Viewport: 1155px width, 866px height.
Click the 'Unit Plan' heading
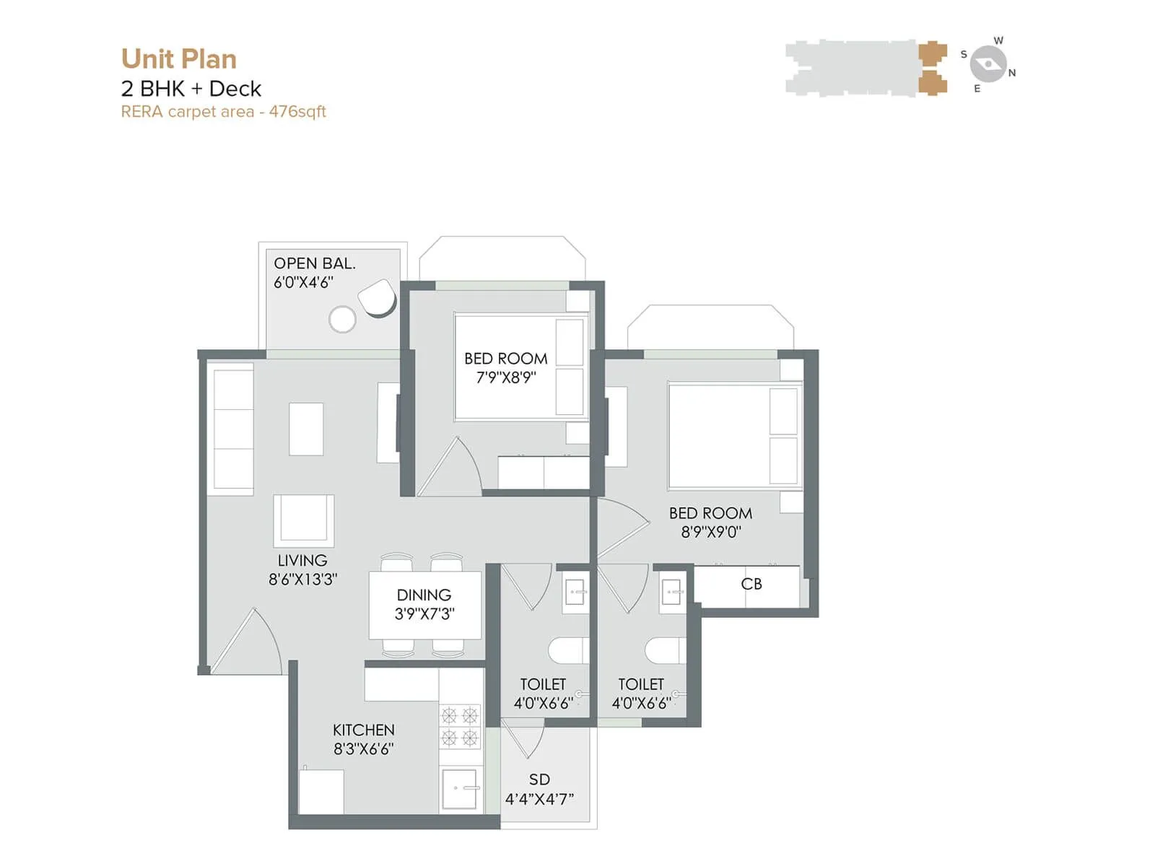tap(178, 59)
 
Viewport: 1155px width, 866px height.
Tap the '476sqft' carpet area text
tap(297, 112)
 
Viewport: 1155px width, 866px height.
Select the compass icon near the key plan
tap(988, 64)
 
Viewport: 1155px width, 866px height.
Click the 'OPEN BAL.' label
tap(314, 263)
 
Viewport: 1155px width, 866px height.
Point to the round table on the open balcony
tap(342, 319)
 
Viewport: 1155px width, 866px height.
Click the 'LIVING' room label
tap(302, 560)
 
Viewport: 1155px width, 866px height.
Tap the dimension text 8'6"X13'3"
tap(302, 579)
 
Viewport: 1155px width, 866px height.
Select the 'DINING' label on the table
tap(424, 595)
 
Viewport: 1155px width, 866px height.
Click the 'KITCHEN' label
tap(364, 730)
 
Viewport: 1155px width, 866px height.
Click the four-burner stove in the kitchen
tap(460, 726)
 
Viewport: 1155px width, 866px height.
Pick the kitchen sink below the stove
tap(460, 788)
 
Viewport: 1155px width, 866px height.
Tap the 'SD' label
tap(539, 779)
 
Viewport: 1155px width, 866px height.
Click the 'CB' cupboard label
tap(751, 584)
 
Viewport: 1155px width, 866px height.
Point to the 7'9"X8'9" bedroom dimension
tap(506, 377)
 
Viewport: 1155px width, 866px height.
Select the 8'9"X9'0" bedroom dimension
tap(711, 532)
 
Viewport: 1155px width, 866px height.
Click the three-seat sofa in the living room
tap(233, 429)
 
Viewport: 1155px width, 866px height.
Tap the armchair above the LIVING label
tap(303, 520)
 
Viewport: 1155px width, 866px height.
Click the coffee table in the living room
tap(306, 429)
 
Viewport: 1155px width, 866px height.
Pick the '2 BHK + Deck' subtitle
tap(191, 89)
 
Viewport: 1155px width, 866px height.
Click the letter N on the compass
tap(1012, 73)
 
